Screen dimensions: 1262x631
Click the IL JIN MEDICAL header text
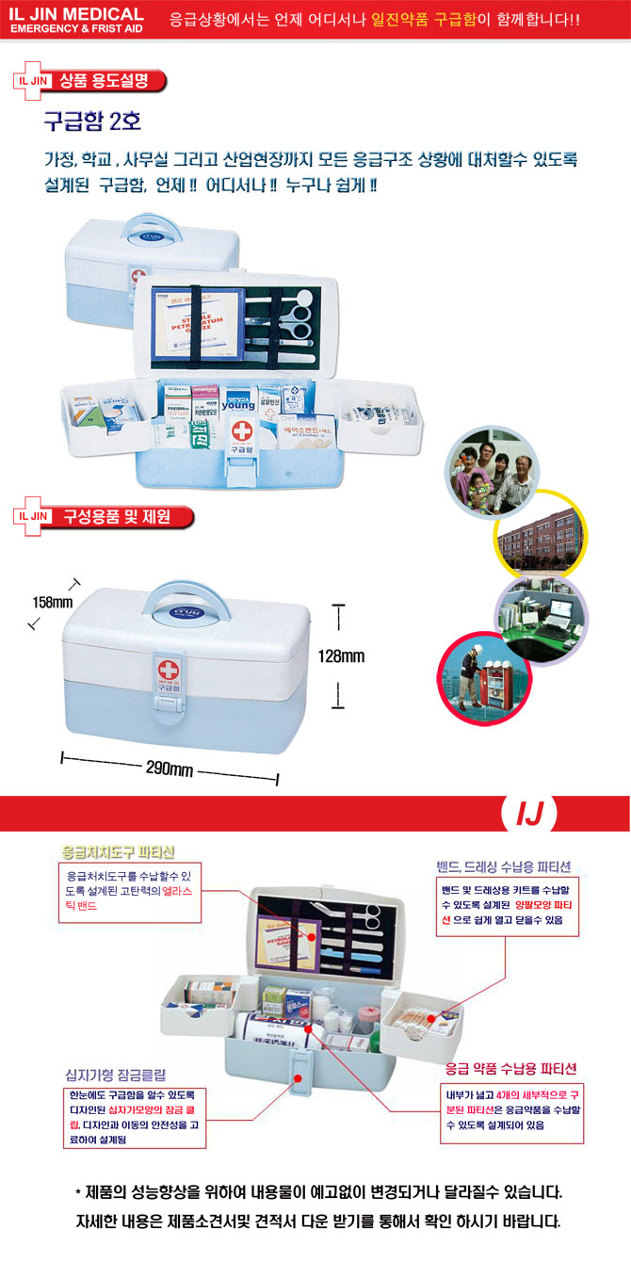click(76, 14)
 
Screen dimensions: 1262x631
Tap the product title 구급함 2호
click(92, 122)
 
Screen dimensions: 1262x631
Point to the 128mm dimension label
click(341, 656)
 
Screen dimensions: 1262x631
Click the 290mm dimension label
click(170, 769)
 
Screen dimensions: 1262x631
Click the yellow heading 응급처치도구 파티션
click(118, 851)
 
